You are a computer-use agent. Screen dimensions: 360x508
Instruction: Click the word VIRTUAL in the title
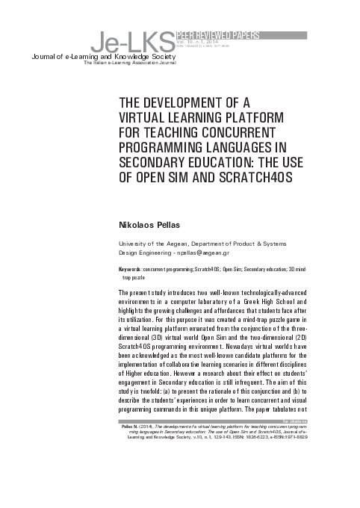point(146,117)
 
